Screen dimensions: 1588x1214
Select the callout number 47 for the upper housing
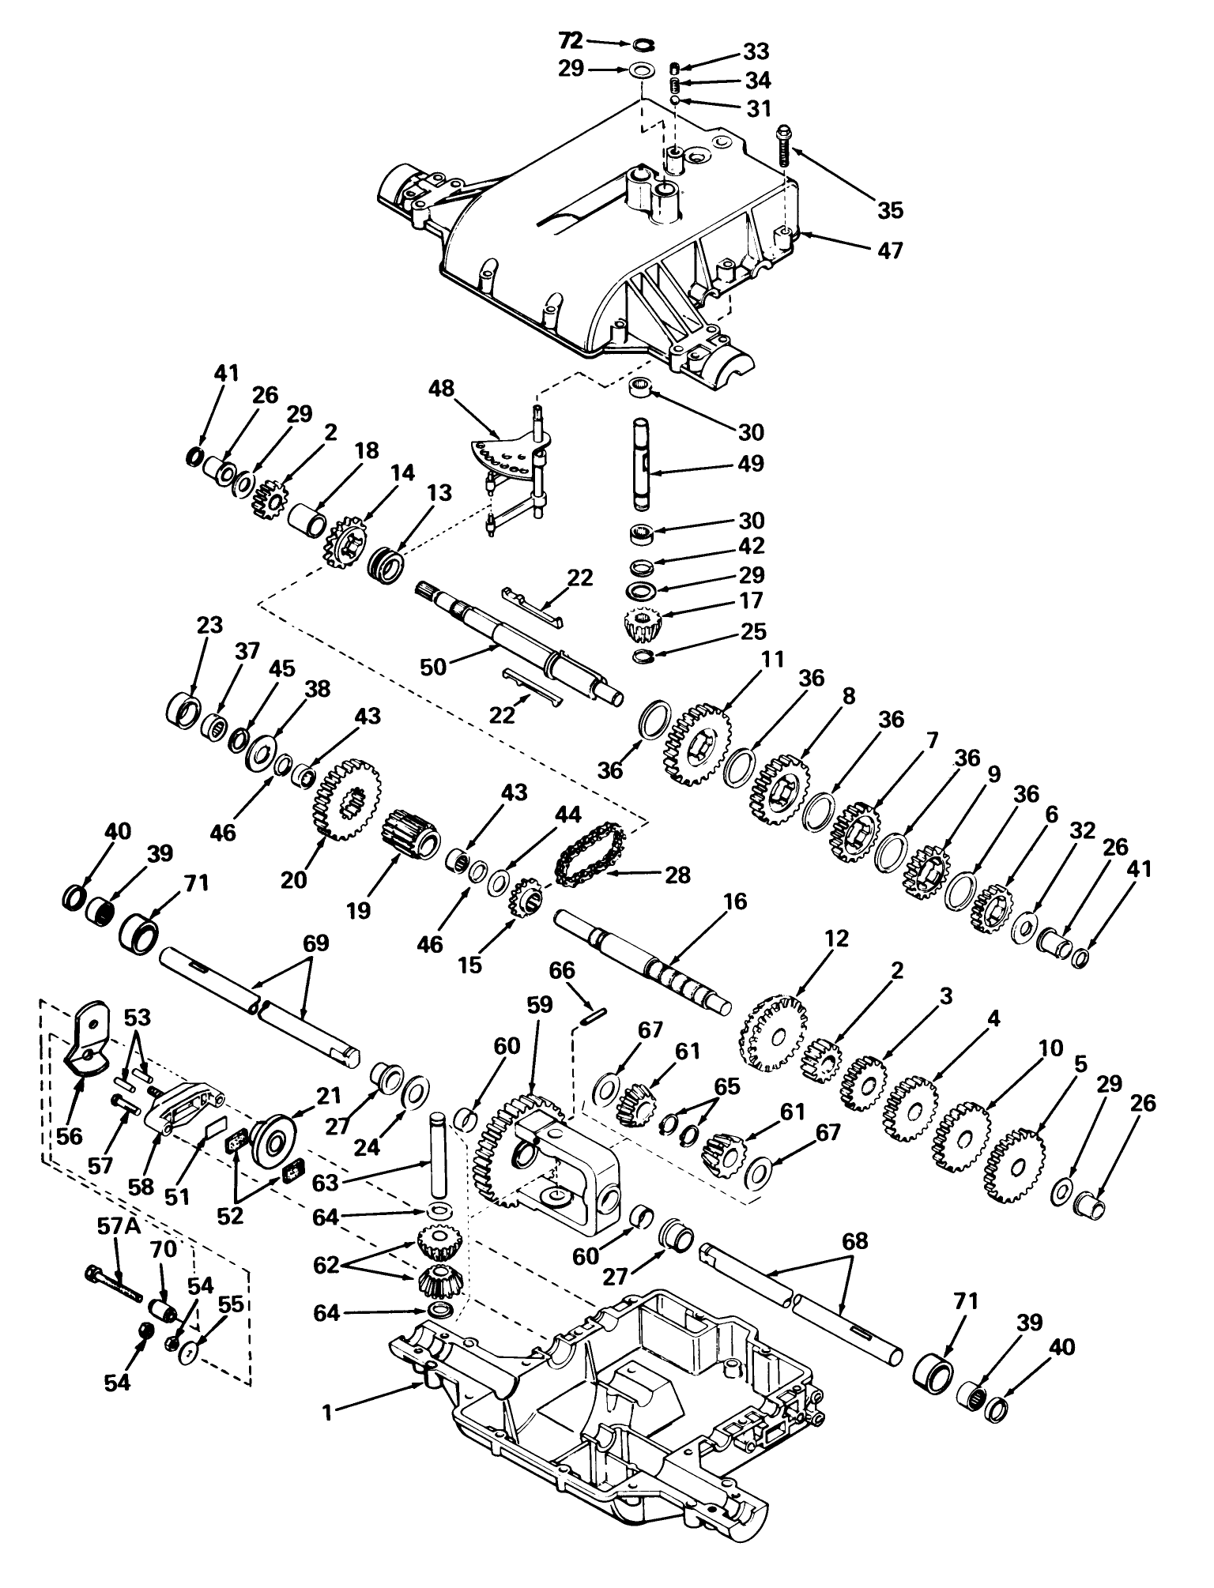click(x=888, y=250)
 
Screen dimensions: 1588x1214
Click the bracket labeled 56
click(x=87, y=1037)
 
